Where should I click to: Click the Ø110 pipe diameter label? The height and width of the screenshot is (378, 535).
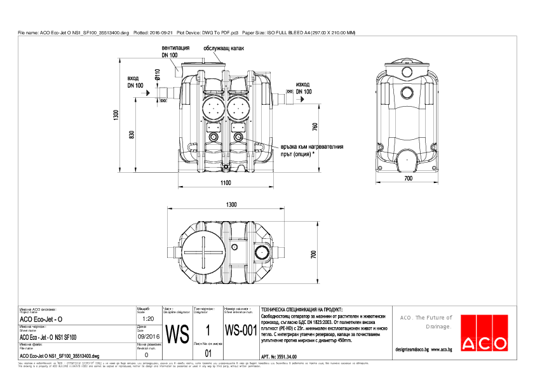coord(157,77)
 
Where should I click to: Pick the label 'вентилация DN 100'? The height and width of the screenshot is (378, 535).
coord(175,52)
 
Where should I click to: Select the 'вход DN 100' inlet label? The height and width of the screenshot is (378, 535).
coord(135,81)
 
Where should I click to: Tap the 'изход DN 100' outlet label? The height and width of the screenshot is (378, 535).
coord(303,88)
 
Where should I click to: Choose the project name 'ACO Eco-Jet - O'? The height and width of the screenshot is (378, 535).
coord(41,318)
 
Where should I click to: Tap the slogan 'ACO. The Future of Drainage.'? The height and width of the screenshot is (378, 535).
coord(426,322)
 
